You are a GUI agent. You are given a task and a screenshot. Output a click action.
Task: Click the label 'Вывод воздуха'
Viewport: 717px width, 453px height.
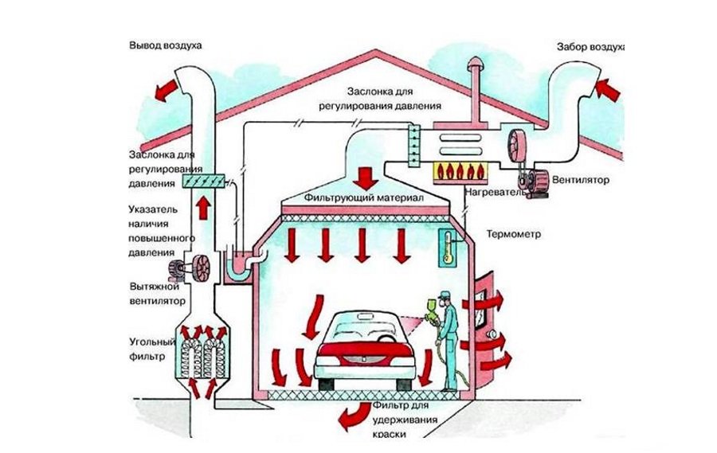tap(166, 45)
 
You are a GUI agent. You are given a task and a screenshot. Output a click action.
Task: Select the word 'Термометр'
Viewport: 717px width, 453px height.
tap(513, 235)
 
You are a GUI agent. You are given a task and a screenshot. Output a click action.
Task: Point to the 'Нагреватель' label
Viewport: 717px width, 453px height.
tap(495, 192)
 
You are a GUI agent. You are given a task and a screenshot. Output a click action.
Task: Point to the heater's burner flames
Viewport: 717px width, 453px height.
tap(460, 170)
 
